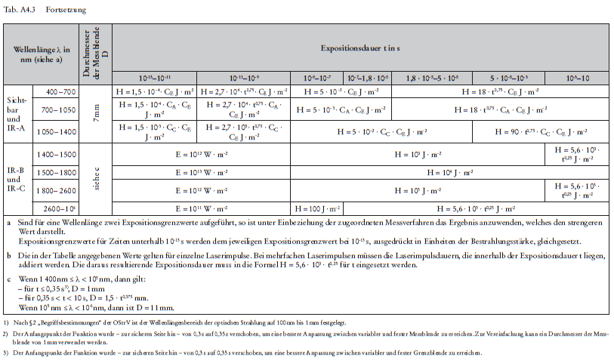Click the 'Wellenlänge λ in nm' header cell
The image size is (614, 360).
point(42,54)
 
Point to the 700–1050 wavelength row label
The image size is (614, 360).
point(60,109)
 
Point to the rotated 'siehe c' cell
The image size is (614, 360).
point(96,181)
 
